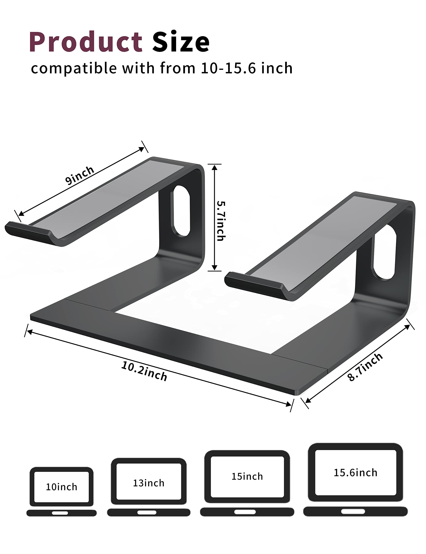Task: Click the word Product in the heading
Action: point(86,42)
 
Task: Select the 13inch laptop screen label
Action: point(149,483)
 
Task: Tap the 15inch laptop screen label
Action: point(247,476)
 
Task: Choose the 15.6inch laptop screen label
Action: point(355,473)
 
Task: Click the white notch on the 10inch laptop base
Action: point(60,513)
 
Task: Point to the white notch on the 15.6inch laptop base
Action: point(353,511)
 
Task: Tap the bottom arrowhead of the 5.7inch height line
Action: point(215,268)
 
